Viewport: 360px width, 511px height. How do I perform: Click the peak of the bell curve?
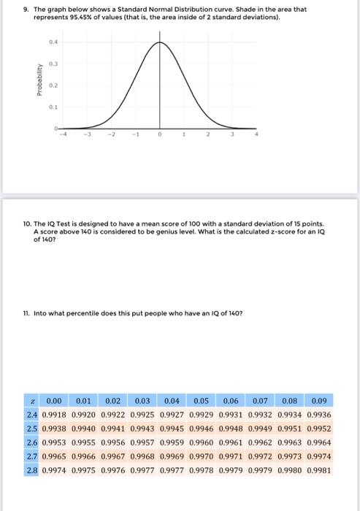click(x=160, y=42)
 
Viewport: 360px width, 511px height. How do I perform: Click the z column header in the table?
click(x=34, y=401)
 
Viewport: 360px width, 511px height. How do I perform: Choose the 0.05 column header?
click(x=202, y=401)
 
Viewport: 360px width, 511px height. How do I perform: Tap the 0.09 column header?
click(x=319, y=401)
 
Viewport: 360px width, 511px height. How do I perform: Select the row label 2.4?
click(x=34, y=415)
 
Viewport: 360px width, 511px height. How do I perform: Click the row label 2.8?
click(x=34, y=471)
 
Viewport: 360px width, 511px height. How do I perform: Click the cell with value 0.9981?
click(x=319, y=471)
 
